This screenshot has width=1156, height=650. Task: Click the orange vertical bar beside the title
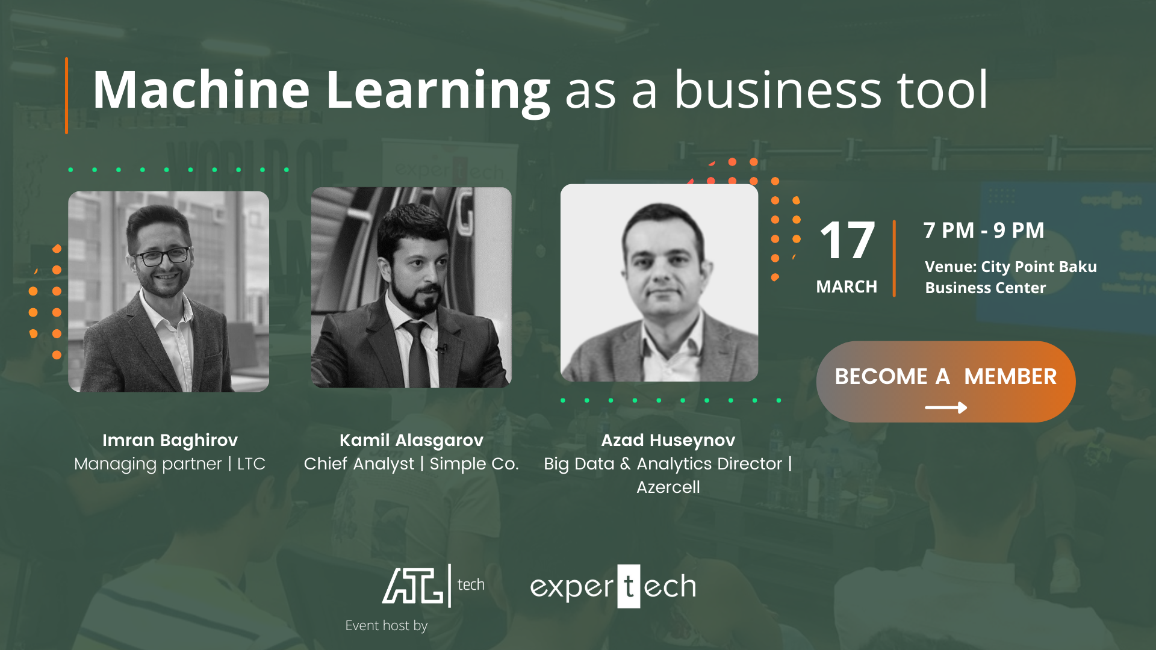click(x=66, y=95)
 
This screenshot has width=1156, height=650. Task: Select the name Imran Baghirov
click(x=170, y=441)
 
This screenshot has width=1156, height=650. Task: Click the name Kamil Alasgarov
click(x=411, y=441)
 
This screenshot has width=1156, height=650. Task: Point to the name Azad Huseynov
click(x=668, y=441)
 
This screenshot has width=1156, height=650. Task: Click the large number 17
click(x=847, y=240)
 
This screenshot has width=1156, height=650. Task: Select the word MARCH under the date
click(x=847, y=286)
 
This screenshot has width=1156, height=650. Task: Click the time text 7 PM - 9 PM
click(x=984, y=230)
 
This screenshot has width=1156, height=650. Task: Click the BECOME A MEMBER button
click(x=946, y=382)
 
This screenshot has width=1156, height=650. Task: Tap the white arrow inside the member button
click(x=946, y=408)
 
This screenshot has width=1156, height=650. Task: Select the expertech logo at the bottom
click(x=613, y=586)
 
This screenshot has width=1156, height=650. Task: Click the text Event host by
click(x=387, y=626)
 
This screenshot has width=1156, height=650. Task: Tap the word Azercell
click(x=668, y=487)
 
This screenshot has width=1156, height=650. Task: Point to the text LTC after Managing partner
click(x=251, y=464)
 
